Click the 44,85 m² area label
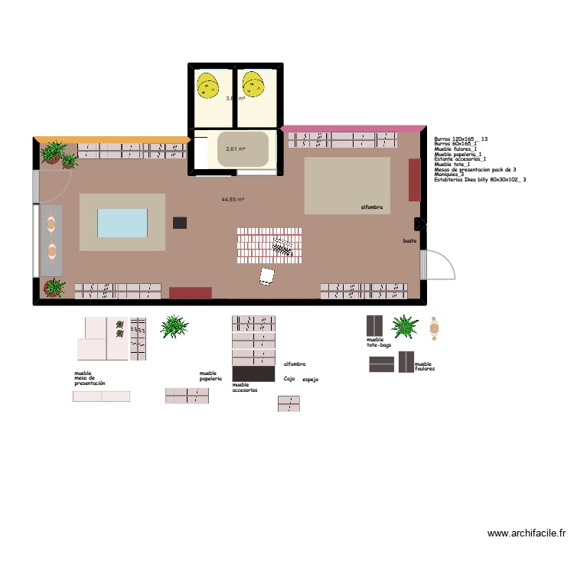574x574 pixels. coord(233,199)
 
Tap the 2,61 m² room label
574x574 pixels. coord(235,148)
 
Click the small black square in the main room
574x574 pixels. coord(180,223)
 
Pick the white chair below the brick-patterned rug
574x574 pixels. coord(267,276)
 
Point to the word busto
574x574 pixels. coord(409,241)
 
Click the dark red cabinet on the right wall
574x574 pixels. coord(414,180)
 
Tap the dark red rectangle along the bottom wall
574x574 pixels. coord(190,292)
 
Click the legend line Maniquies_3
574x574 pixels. coord(451,174)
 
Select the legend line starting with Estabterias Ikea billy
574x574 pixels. coord(479,180)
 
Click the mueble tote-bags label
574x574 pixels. coord(378,342)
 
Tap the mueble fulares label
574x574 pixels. coord(424,367)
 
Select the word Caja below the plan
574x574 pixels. coord(289,378)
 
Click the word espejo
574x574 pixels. coord(310,380)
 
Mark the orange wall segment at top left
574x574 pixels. coord(112,139)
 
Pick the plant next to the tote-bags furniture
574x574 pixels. coord(405,327)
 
